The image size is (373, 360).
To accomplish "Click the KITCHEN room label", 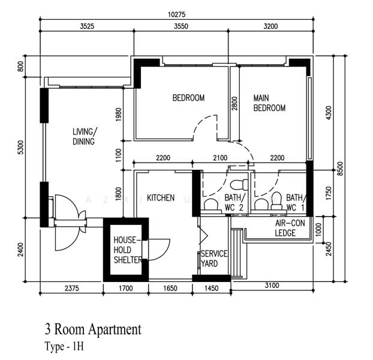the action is (x=161, y=198).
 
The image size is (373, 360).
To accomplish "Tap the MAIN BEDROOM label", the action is (x=269, y=103).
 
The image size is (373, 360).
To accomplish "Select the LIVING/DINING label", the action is (x=85, y=137).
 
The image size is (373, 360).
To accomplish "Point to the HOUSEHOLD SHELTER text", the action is (x=128, y=250).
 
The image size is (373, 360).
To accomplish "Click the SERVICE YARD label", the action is (x=214, y=259).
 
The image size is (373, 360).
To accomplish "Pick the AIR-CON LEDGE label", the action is (x=290, y=228).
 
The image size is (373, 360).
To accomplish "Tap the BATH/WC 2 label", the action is (x=234, y=202).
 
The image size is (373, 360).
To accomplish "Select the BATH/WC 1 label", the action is (x=296, y=202).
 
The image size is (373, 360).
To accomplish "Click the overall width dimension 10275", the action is (x=176, y=14).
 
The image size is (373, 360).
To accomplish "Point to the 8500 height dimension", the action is (x=341, y=169).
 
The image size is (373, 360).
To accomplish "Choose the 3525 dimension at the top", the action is (x=87, y=26).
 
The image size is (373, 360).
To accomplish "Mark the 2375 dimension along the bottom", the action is (x=71, y=289).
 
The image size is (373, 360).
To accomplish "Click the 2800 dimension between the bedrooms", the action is (x=234, y=103).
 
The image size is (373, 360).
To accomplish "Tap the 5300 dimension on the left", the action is (x=21, y=147).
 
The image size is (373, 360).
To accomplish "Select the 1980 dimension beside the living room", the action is (x=119, y=115).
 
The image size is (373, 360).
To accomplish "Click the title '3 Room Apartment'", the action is (x=94, y=330).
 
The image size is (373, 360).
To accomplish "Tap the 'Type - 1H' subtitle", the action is (x=64, y=346).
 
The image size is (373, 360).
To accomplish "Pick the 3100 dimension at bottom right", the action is (x=272, y=285).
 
